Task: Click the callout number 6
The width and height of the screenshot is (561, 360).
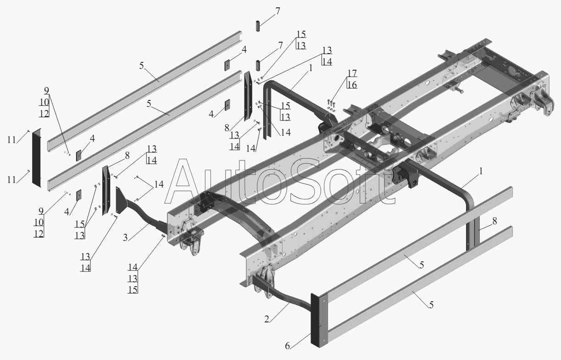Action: (x=287, y=346)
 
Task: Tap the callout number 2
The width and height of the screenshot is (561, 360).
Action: (x=267, y=319)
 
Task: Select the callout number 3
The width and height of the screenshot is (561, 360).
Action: (x=125, y=238)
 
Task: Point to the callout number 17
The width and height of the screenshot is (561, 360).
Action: (x=352, y=73)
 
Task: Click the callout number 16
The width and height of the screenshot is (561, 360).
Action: (x=352, y=85)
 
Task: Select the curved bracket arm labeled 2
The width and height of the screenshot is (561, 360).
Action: (x=283, y=295)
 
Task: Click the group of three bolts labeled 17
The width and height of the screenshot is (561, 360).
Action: (x=331, y=103)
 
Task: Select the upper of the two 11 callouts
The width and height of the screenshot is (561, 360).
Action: (x=11, y=140)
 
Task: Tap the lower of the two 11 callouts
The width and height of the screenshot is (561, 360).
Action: (x=11, y=179)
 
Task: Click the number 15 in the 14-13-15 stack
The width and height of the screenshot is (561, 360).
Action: (x=133, y=290)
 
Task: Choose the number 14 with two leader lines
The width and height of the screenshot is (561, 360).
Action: (x=159, y=184)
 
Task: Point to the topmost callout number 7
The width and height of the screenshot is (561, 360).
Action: (x=278, y=11)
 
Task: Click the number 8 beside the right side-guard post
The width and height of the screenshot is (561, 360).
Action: (x=494, y=221)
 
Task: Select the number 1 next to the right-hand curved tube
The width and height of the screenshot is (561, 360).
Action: (x=481, y=171)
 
